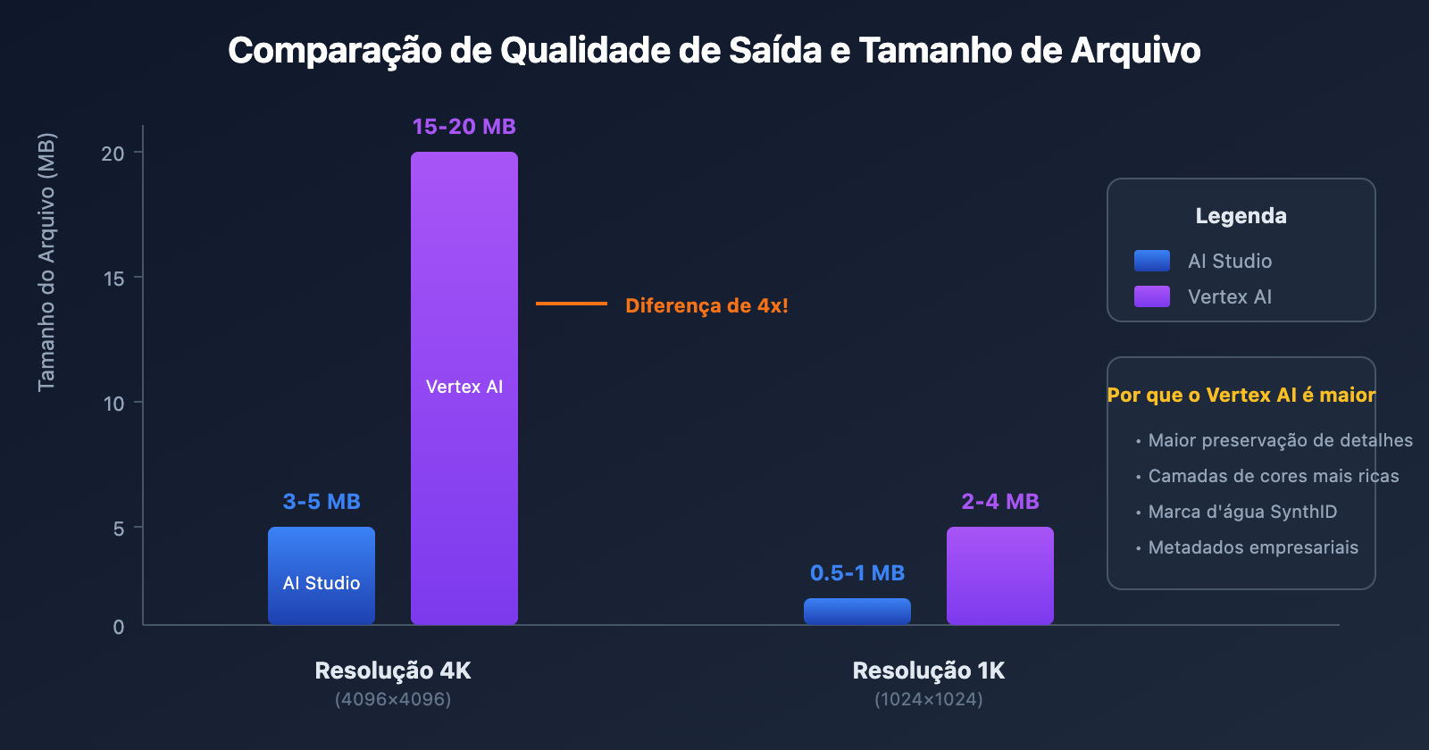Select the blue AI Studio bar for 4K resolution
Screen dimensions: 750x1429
tap(322, 554)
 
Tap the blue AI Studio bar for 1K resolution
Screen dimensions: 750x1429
tap(857, 612)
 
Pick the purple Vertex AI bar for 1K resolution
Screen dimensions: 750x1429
tap(1000, 576)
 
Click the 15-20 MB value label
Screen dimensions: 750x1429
tap(464, 127)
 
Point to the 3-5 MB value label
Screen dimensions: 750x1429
tap(322, 502)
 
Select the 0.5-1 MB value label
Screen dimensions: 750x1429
tap(857, 573)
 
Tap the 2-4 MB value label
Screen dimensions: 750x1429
tap(1000, 502)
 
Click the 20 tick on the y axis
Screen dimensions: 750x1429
tap(113, 154)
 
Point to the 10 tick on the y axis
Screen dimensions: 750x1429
tap(113, 404)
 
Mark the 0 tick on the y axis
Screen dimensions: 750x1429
tap(119, 627)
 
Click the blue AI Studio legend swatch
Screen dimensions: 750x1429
tap(1152, 261)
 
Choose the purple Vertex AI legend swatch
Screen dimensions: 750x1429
tap(1152, 296)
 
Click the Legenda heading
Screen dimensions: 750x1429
tap(1241, 216)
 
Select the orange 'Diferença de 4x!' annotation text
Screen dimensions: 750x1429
tap(706, 305)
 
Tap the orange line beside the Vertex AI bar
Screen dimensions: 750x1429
tap(572, 304)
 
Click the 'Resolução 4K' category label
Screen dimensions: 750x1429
tap(393, 671)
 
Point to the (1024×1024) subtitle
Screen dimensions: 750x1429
tap(929, 699)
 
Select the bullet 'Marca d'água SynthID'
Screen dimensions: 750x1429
tap(1242, 512)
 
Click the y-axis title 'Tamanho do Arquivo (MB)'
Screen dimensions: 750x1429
tap(46, 262)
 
